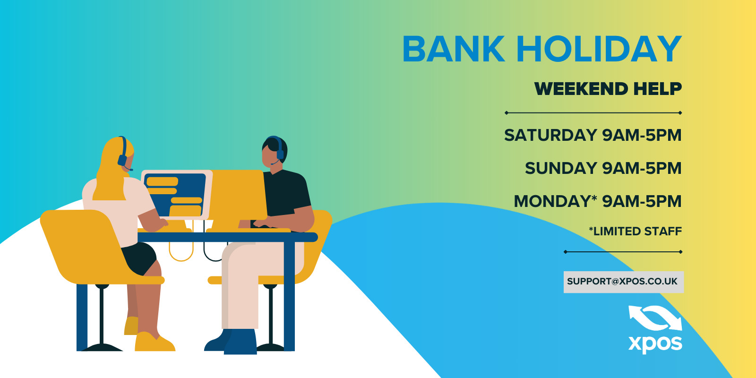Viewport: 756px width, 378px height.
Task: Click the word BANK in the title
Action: [453, 49]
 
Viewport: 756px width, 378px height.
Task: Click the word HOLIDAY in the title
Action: [600, 49]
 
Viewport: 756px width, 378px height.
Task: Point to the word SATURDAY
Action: [551, 135]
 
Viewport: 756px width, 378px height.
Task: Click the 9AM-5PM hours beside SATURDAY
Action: [642, 135]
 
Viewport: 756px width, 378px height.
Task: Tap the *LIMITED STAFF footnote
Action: [635, 232]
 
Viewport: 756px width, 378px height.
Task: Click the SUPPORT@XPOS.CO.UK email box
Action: [624, 282]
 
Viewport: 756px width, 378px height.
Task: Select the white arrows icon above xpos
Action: [655, 318]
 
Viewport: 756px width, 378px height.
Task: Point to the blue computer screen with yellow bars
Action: [175, 195]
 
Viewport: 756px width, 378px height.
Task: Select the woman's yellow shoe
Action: [154, 342]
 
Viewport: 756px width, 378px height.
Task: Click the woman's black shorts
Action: [139, 257]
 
